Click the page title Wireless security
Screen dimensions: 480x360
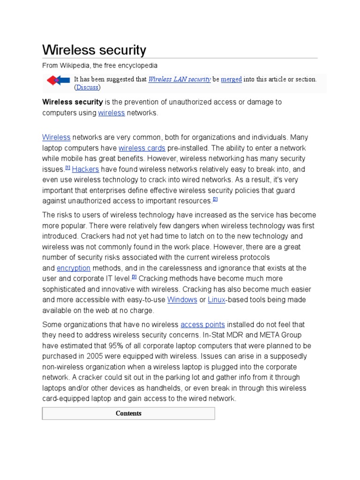pyautogui.click(x=94, y=50)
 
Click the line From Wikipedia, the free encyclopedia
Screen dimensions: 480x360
pyautogui.click(x=100, y=66)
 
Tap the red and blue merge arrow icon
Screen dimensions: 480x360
pyautogui.click(x=58, y=80)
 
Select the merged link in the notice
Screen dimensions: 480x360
pyautogui.click(x=231, y=79)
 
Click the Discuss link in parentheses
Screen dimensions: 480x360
pyautogui.click(x=87, y=87)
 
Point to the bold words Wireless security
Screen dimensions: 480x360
pyautogui.click(x=73, y=102)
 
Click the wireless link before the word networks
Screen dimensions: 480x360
pyautogui.click(x=112, y=112)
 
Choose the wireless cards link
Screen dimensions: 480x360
pyautogui.click(x=142, y=148)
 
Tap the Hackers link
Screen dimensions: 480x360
pyautogui.click(x=85, y=169)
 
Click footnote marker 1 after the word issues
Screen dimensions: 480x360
pyautogui.click(x=67, y=167)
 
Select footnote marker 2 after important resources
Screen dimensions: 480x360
pyautogui.click(x=215, y=199)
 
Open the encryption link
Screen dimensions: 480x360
pyautogui.click(x=74, y=268)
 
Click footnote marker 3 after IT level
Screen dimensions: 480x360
pyautogui.click(x=134, y=277)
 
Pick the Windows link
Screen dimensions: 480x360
pyautogui.click(x=182, y=300)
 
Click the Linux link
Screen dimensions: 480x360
pyautogui.click(x=217, y=300)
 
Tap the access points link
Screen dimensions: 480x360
pyautogui.click(x=202, y=324)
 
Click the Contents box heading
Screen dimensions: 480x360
pyautogui.click(x=128, y=413)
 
